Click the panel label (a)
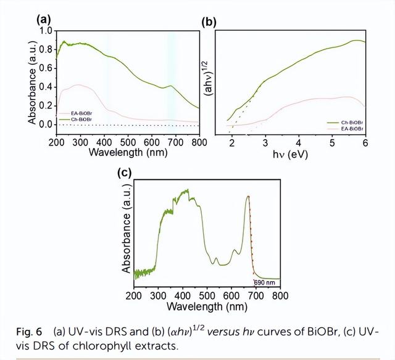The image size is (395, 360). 44,20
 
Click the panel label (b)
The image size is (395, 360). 209,23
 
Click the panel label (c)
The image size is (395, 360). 125,173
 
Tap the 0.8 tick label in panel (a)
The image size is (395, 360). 44,48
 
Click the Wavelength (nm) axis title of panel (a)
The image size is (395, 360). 127,151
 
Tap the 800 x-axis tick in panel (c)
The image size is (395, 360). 280,296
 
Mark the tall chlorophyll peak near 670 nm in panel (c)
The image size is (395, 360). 247,197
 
